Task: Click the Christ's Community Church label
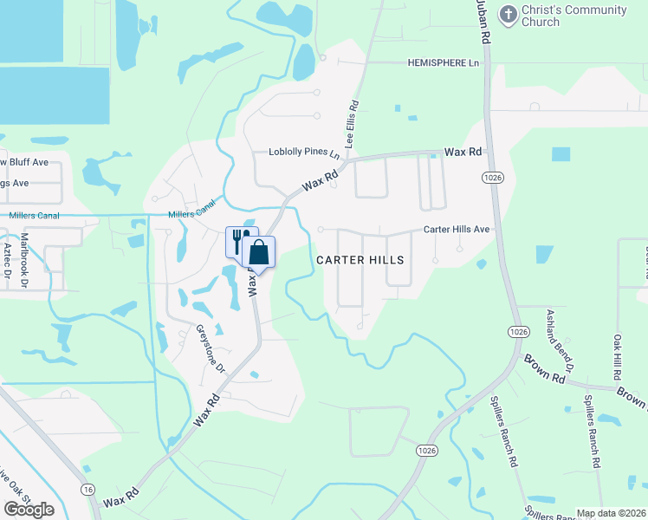[573, 16]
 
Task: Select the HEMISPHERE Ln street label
[444, 63]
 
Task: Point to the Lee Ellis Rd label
[354, 122]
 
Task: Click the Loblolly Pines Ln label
[304, 153]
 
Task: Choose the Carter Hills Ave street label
[457, 230]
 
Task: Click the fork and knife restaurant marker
[242, 240]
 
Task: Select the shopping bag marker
[259, 253]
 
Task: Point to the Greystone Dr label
[211, 348]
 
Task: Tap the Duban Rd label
[482, 20]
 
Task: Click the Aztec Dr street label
[7, 259]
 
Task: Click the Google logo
[28, 510]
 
